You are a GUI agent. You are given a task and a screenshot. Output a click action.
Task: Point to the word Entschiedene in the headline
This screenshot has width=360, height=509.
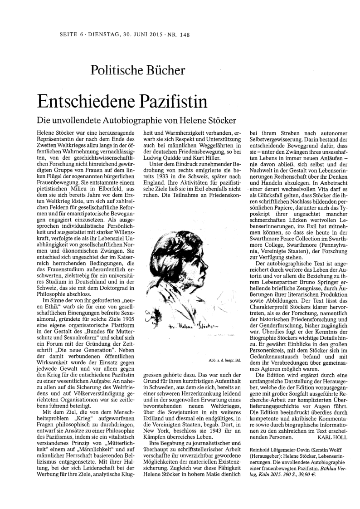click(x=82, y=100)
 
